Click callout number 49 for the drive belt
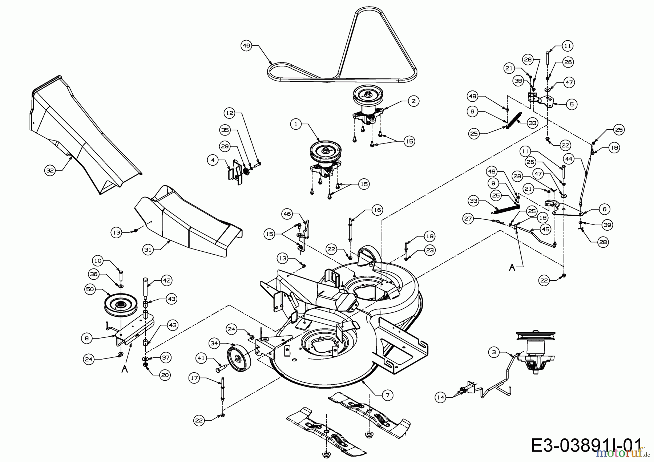point(246,46)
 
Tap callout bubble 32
point(51,170)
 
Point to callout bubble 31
point(148,250)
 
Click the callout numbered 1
point(296,124)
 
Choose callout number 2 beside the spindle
point(413,101)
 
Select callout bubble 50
point(90,289)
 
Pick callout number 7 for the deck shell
point(388,395)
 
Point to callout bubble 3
point(493,352)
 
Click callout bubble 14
point(440,397)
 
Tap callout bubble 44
point(569,159)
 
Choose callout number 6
point(604,209)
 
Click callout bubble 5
point(572,105)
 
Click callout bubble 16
point(378,210)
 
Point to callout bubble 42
point(167,280)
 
